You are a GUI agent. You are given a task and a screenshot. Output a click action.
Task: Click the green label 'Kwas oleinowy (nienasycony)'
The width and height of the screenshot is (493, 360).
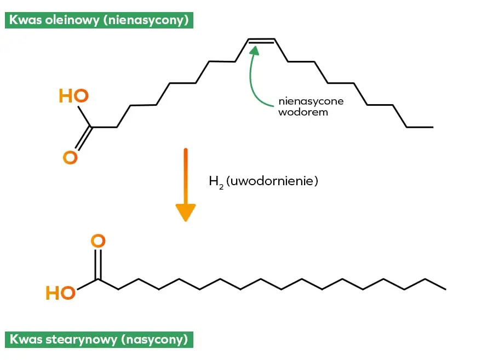[x=99, y=21]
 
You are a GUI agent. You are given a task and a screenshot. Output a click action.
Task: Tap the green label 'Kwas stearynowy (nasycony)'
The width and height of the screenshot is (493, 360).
[x=99, y=339]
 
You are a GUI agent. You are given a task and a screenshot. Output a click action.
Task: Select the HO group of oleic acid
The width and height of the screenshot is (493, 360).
[x=73, y=96]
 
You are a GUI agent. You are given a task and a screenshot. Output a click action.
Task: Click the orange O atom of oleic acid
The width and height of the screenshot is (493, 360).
[x=70, y=158]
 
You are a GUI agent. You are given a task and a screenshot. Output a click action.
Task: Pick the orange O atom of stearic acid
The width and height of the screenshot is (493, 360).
[x=98, y=241]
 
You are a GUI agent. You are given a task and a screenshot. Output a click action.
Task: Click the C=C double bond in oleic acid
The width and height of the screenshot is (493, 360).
[x=261, y=41]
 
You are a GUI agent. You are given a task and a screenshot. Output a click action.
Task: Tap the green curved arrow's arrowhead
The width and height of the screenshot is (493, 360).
[x=254, y=50]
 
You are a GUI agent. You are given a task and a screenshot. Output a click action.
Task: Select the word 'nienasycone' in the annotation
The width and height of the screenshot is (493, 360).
[x=311, y=101]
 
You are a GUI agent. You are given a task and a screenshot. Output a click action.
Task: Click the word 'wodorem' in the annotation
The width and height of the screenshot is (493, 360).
[x=303, y=112]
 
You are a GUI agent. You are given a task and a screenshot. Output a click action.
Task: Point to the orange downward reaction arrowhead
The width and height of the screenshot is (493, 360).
[x=186, y=212]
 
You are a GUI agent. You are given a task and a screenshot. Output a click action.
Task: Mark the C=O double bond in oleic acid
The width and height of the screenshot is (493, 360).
[x=82, y=139]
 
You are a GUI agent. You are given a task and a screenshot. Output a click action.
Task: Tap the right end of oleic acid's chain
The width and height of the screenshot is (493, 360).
[x=432, y=127]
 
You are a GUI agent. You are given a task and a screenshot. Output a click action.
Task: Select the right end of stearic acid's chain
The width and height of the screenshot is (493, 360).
[x=445, y=289]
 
